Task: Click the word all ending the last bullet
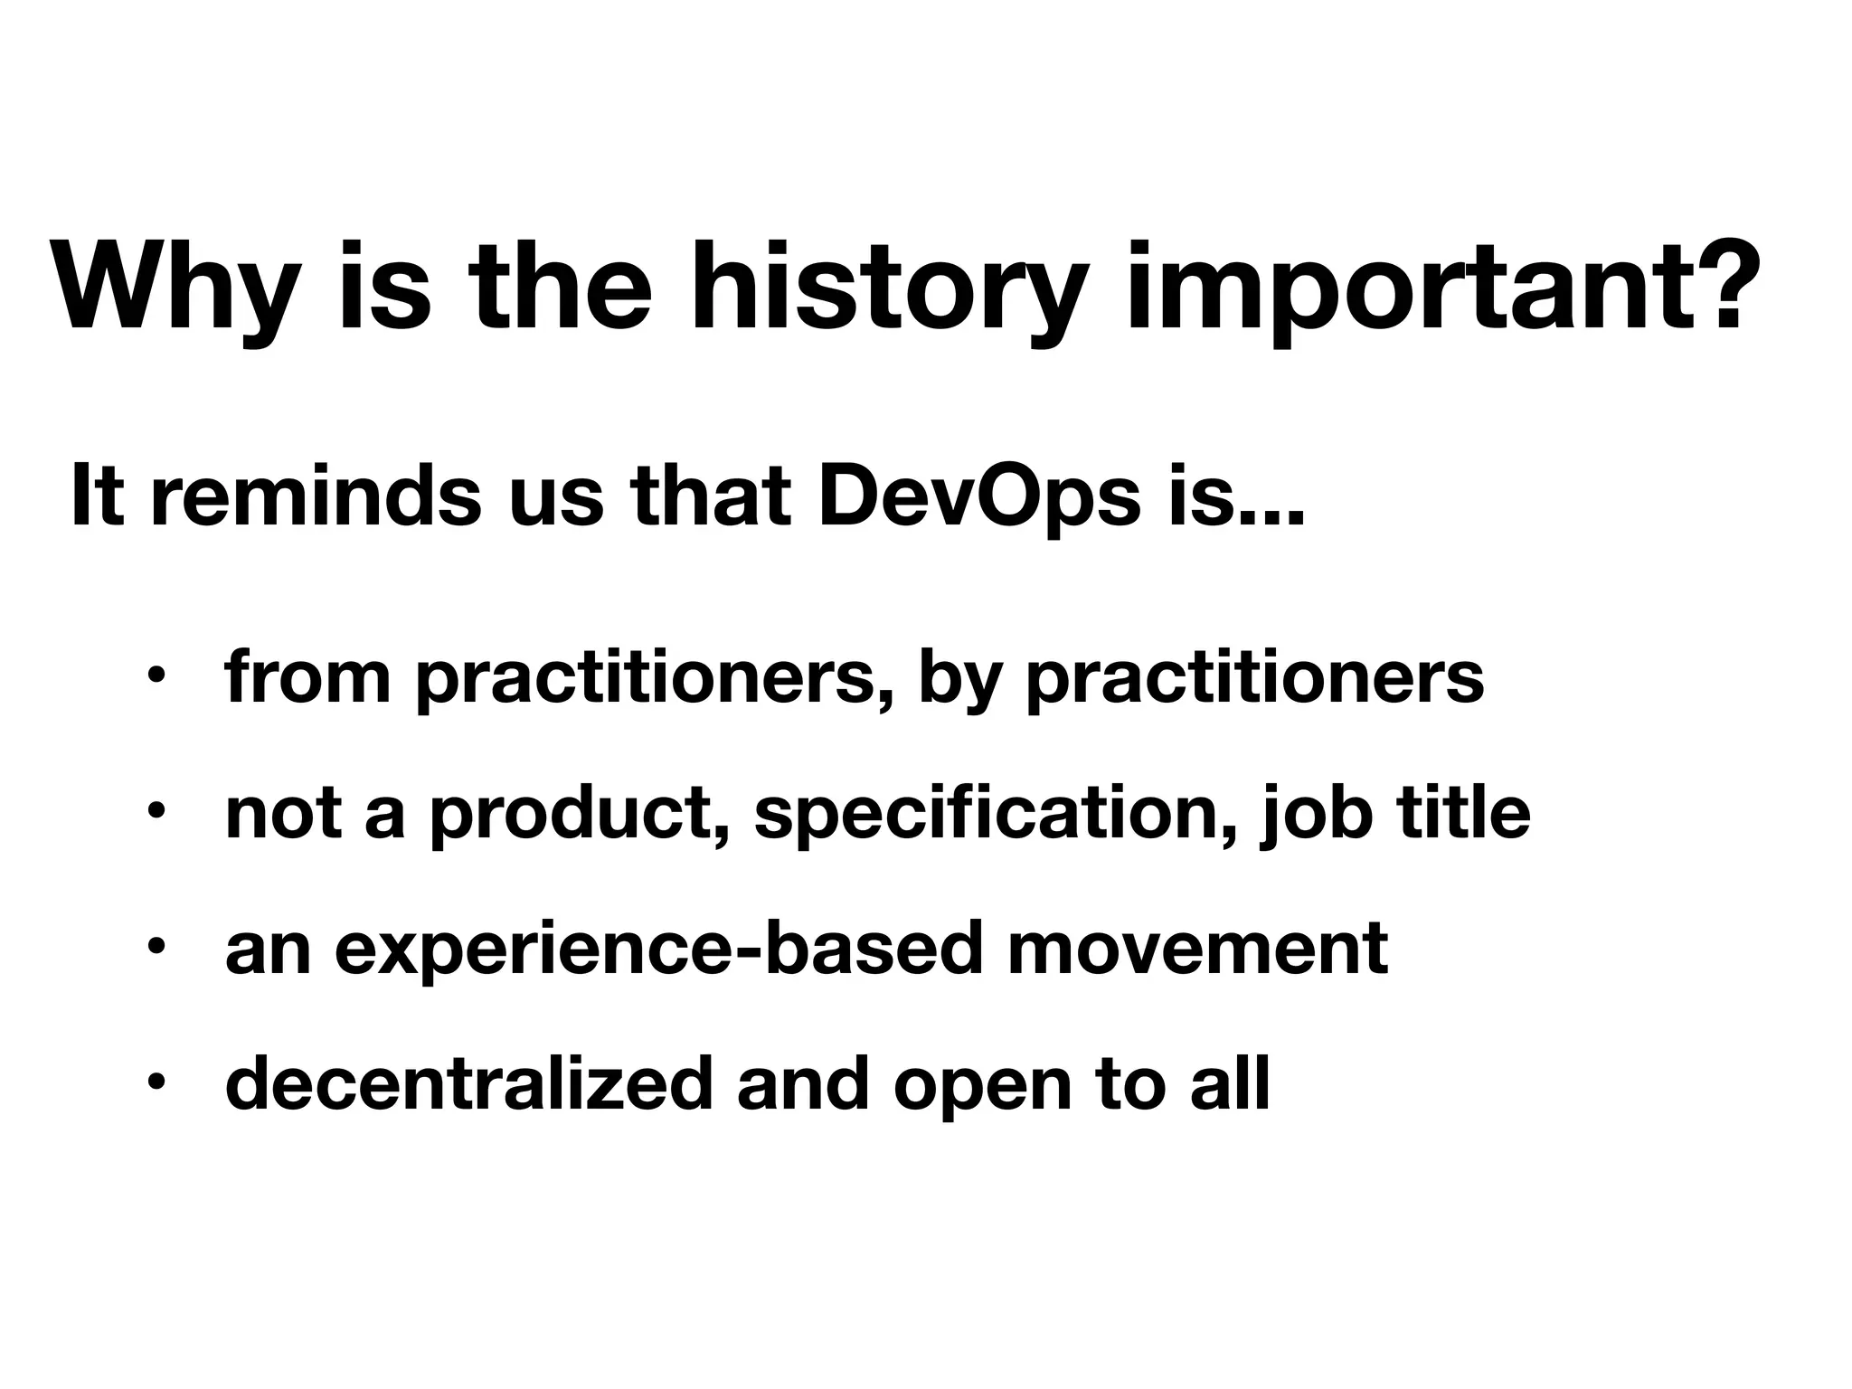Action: pyautogui.click(x=1230, y=1082)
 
